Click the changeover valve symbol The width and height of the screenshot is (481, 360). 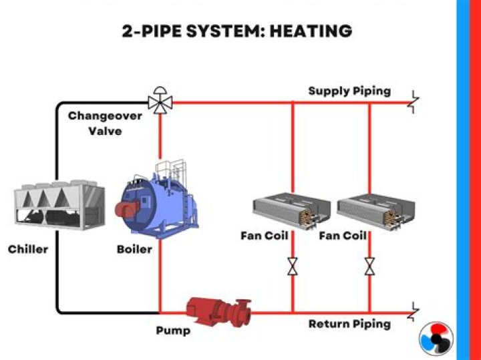click(160, 102)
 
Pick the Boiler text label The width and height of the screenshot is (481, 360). click(134, 250)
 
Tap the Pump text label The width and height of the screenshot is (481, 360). click(172, 331)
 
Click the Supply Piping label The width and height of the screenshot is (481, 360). click(349, 91)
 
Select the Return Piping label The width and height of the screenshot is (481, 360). click(349, 324)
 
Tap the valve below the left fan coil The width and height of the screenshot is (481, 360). click(293, 266)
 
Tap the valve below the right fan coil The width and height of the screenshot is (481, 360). click(369, 266)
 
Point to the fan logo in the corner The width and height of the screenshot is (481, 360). click(436, 337)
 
